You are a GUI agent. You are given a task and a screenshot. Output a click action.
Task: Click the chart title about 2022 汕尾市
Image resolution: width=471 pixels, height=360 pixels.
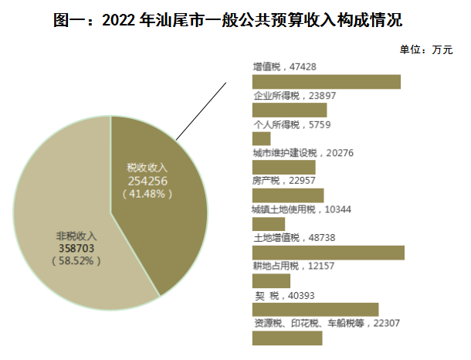tap(235, 18)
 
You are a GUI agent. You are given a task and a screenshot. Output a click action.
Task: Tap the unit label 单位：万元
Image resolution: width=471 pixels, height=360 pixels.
tap(426, 50)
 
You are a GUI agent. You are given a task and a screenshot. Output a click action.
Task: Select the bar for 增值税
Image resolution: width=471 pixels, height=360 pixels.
tap(327, 82)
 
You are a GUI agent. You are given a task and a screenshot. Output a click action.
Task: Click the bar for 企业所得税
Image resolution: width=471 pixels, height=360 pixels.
tap(290, 110)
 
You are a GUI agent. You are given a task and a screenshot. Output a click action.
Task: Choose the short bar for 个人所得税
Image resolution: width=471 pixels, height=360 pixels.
tap(262, 138)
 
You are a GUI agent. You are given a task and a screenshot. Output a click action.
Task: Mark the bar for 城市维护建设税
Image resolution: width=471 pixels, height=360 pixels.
tap(284, 167)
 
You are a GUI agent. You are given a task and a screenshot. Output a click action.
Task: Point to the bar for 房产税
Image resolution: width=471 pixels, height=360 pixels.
tap(288, 195)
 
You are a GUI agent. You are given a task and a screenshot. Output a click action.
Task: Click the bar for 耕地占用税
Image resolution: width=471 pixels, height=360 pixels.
tap(272, 281)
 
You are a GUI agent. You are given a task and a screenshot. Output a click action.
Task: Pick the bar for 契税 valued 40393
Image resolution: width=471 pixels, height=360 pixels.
tap(316, 309)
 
